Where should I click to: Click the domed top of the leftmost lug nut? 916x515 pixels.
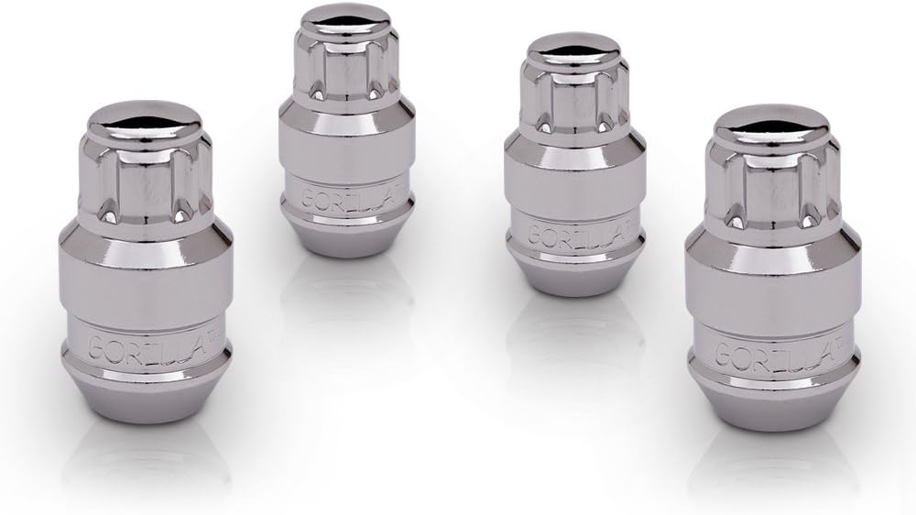tap(147, 121)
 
